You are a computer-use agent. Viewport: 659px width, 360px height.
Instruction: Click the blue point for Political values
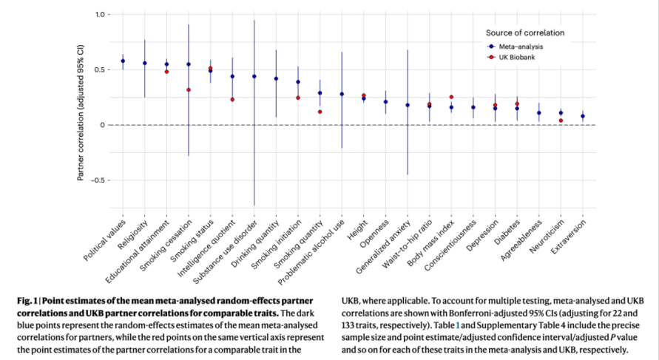click(123, 61)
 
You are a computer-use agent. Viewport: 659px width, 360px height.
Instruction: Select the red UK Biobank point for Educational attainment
click(166, 72)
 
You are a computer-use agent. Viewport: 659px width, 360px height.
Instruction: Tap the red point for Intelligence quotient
click(232, 99)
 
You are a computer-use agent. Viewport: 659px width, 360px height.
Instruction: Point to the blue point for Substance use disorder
click(254, 76)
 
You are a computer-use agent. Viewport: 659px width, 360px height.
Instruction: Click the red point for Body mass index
click(451, 97)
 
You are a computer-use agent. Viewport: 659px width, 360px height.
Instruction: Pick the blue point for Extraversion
click(583, 116)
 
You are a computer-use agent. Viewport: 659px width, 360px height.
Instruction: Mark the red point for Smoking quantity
click(320, 112)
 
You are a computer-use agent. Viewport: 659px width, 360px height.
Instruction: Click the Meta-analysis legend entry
click(527, 46)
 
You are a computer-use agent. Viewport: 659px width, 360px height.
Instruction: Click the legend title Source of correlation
click(525, 33)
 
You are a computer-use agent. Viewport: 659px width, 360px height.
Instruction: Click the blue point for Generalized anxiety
click(408, 105)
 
